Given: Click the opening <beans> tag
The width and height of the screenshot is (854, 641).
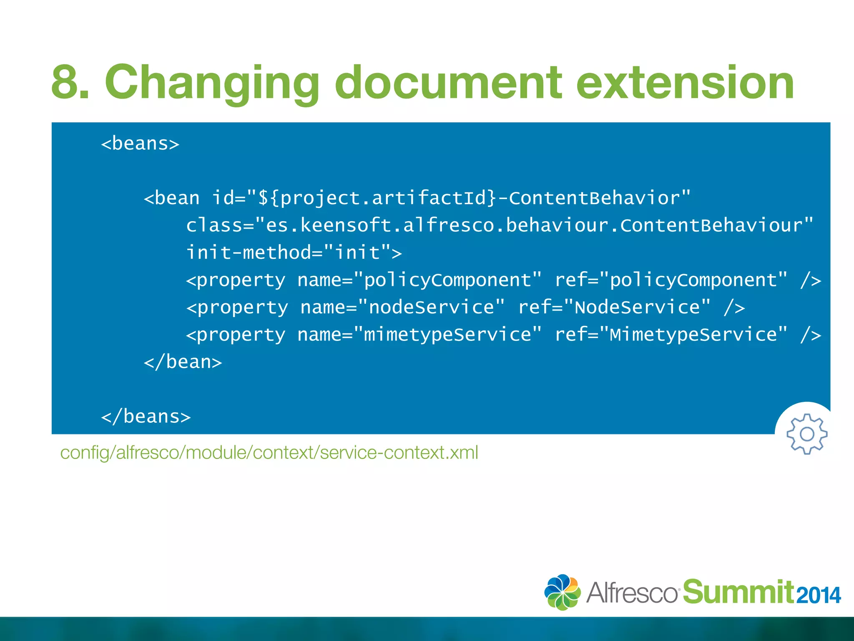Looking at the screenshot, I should click(x=140, y=144).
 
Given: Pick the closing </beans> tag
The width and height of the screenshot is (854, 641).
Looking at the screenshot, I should click(x=146, y=416).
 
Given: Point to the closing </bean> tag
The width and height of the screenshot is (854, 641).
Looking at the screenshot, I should click(x=183, y=362).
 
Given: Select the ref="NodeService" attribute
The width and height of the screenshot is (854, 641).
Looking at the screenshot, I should click(x=614, y=308).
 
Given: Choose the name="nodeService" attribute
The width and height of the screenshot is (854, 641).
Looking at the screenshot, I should click(x=402, y=308).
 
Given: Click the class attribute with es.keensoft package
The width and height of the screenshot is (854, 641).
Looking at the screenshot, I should click(x=500, y=225).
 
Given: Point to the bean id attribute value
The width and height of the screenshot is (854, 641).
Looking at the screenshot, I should click(x=469, y=198).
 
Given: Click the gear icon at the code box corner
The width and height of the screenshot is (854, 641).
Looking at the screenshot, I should click(x=806, y=434).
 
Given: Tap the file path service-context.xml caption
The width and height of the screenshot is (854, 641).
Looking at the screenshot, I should click(x=269, y=453).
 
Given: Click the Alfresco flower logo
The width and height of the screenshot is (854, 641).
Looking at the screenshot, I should click(x=563, y=592).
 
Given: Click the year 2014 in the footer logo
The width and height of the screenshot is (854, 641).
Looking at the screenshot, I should click(x=819, y=596).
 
